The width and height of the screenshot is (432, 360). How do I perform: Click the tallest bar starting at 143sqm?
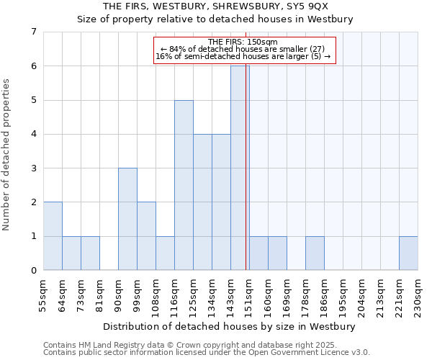tap(240, 168)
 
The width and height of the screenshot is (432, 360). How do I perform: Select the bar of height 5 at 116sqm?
tap(184, 185)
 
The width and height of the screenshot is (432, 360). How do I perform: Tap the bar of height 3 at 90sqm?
tap(127, 219)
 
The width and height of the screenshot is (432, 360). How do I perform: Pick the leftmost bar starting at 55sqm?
tap(53, 236)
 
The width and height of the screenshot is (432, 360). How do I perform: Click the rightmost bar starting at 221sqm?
tap(408, 253)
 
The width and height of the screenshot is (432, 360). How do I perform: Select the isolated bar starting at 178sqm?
tap(315, 253)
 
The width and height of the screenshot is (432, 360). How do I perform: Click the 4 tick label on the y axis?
tap(33, 134)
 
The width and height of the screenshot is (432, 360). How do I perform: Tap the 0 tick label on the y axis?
tap(33, 271)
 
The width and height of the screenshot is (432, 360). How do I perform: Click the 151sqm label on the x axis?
tap(249, 296)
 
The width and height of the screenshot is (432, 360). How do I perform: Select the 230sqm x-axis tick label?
tap(418, 296)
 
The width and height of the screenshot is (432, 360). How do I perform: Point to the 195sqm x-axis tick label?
tap(343, 296)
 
